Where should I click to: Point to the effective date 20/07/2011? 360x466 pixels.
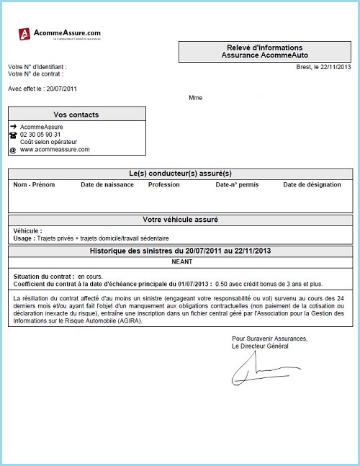click(61, 89)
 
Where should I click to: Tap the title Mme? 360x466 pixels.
click(195, 97)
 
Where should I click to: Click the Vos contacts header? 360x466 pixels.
click(76, 115)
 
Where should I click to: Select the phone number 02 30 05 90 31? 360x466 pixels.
click(40, 135)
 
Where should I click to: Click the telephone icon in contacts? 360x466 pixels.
click(12, 135)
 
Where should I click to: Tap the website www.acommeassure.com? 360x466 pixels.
click(55, 150)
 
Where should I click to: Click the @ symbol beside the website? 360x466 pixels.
click(12, 151)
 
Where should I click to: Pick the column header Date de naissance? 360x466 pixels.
click(107, 185)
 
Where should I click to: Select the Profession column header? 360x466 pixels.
click(163, 185)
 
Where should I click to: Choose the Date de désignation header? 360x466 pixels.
click(312, 185)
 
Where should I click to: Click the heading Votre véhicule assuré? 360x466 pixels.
click(181, 220)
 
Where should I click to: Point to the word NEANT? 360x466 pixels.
click(181, 264)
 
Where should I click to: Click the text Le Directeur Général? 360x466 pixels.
click(260, 346)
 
